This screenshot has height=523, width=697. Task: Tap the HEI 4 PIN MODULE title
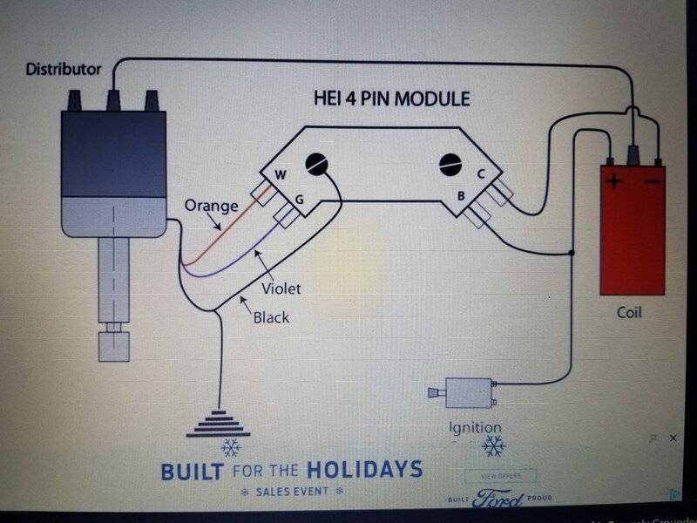coord(391,98)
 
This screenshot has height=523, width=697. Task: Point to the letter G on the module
coord(298,200)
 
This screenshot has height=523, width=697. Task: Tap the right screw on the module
coord(450,162)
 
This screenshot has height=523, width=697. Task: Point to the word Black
coord(271,317)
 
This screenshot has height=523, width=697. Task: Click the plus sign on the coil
coord(615,182)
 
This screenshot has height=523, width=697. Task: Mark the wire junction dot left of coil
coord(571,254)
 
